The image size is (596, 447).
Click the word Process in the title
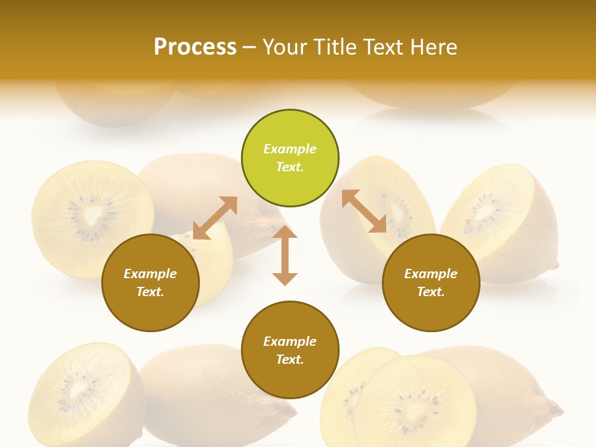[x=195, y=47]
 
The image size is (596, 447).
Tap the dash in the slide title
[x=250, y=47]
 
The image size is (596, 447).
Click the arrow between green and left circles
[x=215, y=218]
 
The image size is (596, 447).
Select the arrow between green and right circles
[x=364, y=211]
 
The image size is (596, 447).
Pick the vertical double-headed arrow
[x=285, y=256]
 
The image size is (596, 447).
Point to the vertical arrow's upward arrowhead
[x=285, y=232]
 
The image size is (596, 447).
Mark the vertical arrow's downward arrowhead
[x=285, y=279]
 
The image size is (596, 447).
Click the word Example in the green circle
[x=290, y=149]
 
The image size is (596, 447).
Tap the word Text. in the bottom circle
[x=290, y=359]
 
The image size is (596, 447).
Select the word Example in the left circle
[x=150, y=274]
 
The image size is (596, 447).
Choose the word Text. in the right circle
[x=431, y=292]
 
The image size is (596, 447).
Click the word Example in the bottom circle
[x=290, y=341]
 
